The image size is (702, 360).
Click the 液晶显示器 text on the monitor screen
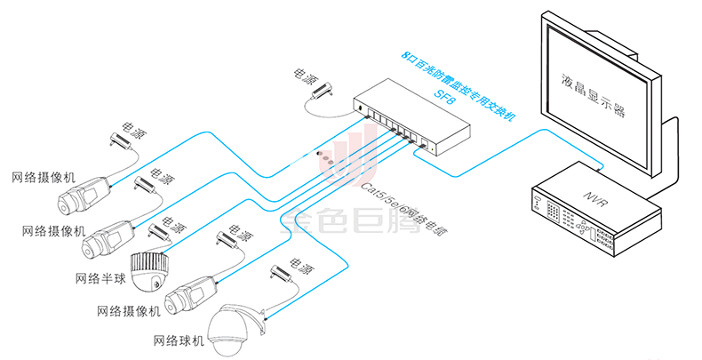pyautogui.click(x=595, y=97)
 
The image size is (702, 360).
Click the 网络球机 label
pyautogui.click(x=179, y=340)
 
